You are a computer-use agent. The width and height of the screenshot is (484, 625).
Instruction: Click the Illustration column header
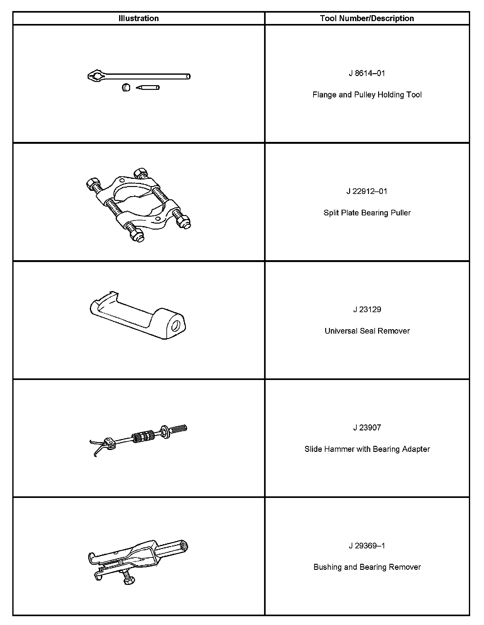[x=139, y=18]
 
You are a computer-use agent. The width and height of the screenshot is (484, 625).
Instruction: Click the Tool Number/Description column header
[x=367, y=18]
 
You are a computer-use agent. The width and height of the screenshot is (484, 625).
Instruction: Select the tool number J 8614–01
[x=367, y=73]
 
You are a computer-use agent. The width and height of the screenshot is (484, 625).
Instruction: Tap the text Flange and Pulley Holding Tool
[x=367, y=95]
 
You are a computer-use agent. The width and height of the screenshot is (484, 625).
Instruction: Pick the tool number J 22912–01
[x=367, y=191]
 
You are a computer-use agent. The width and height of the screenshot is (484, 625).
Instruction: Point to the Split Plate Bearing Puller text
[x=367, y=213]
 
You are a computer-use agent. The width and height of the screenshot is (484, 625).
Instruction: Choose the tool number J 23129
[x=367, y=309]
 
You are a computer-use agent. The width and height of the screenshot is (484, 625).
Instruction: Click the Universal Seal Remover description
[x=367, y=331]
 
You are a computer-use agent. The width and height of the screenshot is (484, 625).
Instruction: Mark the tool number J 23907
[x=367, y=428]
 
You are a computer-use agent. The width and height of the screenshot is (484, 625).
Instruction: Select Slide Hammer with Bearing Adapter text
[x=367, y=449]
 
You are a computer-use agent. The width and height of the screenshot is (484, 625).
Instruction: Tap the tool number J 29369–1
[x=367, y=546]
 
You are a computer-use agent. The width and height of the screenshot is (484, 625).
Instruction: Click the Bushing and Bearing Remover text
[x=367, y=567]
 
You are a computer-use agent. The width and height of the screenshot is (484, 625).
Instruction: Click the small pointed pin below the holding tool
[x=148, y=88]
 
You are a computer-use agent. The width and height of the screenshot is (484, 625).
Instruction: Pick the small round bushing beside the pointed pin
[x=126, y=87]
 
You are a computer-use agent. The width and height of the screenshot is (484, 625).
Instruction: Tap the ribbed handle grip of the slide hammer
[x=179, y=429]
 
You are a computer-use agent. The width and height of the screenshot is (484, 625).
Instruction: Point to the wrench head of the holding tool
[x=96, y=76]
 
